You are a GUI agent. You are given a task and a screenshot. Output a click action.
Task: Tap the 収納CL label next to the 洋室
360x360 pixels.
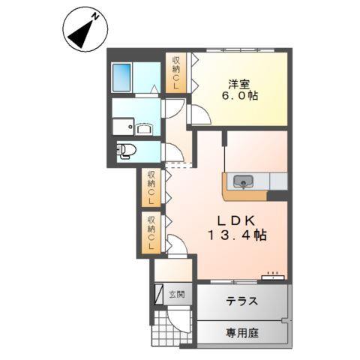coord(177,73)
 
